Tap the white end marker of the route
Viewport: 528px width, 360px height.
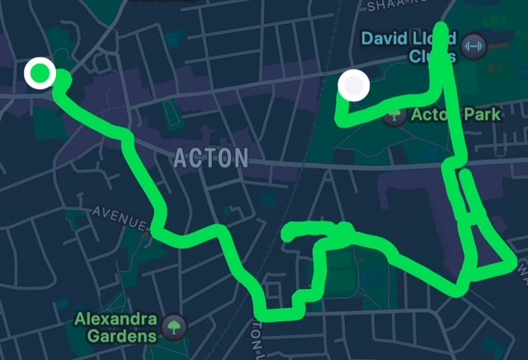pyautogui.click(x=354, y=85)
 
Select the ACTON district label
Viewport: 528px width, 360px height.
pyautogui.click(x=211, y=158)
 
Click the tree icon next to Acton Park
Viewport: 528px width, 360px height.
pyautogui.click(x=396, y=115)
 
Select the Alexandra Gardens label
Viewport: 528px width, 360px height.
pyautogui.click(x=115, y=326)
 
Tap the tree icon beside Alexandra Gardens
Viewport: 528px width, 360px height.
pyautogui.click(x=174, y=327)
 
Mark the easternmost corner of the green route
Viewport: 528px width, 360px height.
pyautogui.click(x=517, y=264)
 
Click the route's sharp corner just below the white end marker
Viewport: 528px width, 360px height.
pyautogui.click(x=340, y=120)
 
